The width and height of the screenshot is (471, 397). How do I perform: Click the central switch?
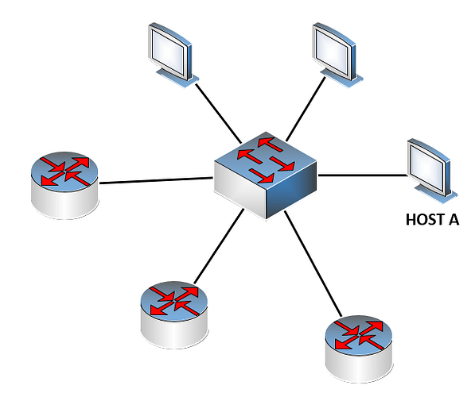[266, 175]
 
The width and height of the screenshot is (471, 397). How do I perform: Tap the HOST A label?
[432, 219]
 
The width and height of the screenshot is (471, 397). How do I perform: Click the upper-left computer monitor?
[173, 55]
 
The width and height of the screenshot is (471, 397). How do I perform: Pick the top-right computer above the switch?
[337, 55]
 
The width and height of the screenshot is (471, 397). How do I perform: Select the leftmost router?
[64, 185]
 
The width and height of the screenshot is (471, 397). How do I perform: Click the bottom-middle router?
[174, 314]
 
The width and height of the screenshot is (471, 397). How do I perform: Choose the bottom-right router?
[359, 349]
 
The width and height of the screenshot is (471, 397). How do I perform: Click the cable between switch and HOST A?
[363, 175]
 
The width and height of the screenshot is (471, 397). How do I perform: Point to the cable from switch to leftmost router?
[156, 180]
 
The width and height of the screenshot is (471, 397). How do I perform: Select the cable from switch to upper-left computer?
[218, 114]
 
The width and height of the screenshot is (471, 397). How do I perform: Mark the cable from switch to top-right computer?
[306, 109]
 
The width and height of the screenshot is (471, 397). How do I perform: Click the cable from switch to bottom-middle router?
[219, 246]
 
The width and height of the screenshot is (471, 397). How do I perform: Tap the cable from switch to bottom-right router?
[313, 264]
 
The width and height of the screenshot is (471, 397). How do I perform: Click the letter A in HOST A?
[453, 219]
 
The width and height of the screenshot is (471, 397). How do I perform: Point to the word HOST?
[425, 219]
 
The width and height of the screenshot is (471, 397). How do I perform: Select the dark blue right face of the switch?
[291, 191]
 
